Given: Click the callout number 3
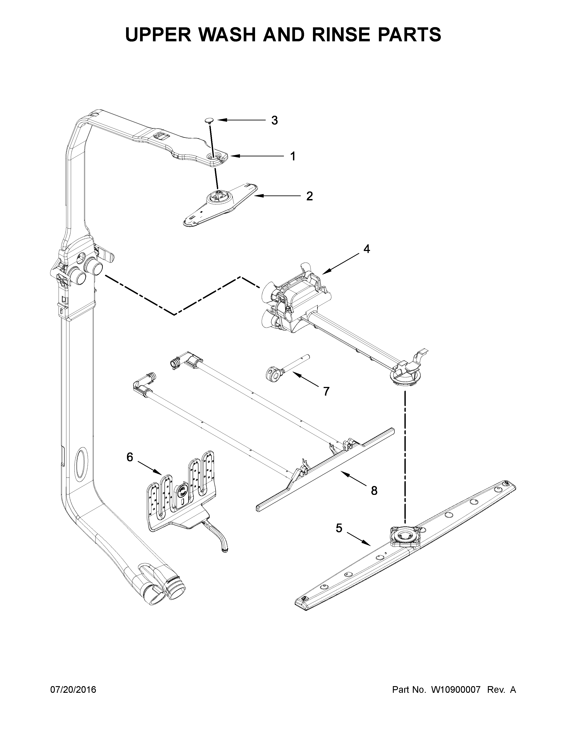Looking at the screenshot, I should pyautogui.click(x=274, y=120).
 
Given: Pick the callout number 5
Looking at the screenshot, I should pyautogui.click(x=339, y=528).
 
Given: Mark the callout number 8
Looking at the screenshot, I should pyautogui.click(x=374, y=491).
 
